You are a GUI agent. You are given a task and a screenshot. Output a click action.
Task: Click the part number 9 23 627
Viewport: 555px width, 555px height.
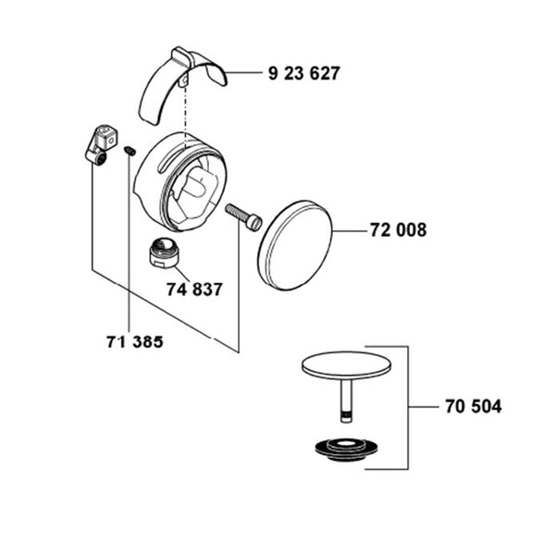click(x=304, y=73)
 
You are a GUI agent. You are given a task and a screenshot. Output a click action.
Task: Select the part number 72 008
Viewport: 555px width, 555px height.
click(x=398, y=230)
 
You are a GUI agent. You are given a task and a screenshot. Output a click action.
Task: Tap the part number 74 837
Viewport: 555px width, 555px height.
click(x=194, y=290)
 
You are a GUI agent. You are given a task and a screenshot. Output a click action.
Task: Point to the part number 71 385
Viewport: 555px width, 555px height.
click(x=135, y=342)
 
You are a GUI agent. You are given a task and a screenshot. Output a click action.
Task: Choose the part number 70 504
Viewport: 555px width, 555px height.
click(x=474, y=406)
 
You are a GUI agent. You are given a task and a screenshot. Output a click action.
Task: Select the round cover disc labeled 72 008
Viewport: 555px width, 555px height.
click(x=294, y=245)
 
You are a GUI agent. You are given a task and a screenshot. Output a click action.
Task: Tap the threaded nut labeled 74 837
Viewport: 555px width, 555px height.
click(x=165, y=253)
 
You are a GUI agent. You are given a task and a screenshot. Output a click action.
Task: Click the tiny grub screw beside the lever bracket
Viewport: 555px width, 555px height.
click(x=129, y=151)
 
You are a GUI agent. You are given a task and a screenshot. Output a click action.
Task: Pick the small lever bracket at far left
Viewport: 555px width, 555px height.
click(x=101, y=144)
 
